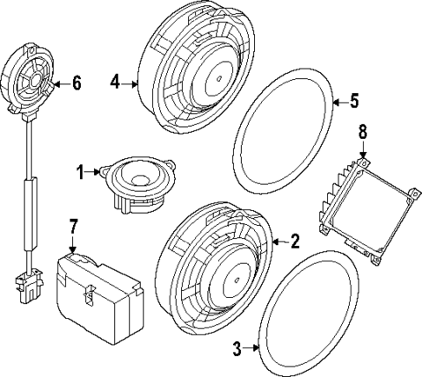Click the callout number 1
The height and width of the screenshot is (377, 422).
[x=80, y=173]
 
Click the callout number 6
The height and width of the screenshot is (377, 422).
[x=76, y=83]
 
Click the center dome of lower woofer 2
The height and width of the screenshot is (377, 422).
[x=238, y=281]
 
